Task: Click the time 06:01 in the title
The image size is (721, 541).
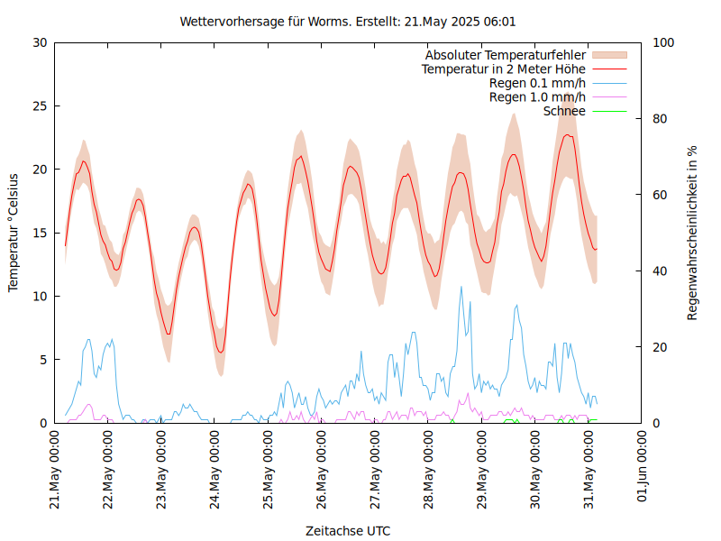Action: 498,21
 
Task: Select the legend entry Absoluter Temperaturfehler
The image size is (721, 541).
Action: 506,54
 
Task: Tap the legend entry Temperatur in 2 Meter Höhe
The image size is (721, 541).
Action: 504,69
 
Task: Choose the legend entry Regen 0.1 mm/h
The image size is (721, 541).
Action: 537,83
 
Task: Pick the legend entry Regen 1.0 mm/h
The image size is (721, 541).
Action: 537,96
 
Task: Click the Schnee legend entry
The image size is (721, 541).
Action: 564,111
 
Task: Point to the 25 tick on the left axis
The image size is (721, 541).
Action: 39,105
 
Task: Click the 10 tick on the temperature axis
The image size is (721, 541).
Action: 39,296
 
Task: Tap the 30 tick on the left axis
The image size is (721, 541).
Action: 39,42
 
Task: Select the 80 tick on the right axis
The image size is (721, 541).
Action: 659,118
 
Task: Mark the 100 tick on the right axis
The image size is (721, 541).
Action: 662,42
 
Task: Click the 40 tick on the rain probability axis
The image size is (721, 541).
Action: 659,270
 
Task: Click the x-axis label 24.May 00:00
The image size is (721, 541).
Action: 214,469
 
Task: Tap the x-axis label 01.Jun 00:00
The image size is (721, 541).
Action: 643,469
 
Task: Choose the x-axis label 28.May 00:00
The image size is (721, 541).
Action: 428,469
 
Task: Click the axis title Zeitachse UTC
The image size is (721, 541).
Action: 348,530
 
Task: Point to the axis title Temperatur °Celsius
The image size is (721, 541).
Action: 14,233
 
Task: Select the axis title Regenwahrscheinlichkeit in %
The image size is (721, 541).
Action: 693,233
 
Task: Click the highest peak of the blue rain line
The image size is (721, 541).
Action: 461,287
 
